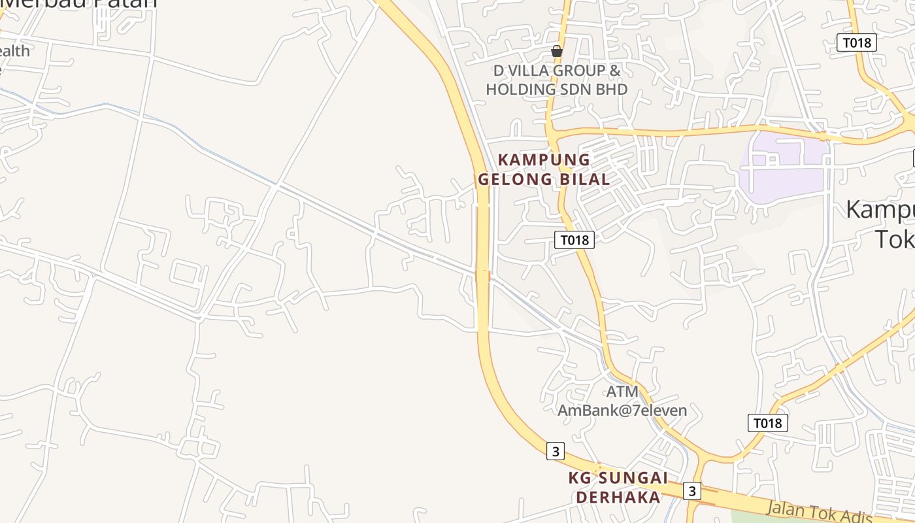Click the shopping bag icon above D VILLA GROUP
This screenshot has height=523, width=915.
(x=557, y=51)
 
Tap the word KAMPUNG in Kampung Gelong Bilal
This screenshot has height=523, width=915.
(x=544, y=160)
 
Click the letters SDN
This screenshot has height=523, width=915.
(x=575, y=90)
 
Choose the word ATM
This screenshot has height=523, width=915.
(x=622, y=392)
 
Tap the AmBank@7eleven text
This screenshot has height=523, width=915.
(x=622, y=411)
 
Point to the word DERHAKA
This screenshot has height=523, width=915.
(x=618, y=498)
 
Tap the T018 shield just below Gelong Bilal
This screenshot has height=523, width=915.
(x=575, y=240)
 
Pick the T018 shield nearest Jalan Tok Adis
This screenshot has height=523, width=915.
(x=767, y=423)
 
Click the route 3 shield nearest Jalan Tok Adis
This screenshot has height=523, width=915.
(x=692, y=490)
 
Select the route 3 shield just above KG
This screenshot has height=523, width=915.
(x=556, y=451)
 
